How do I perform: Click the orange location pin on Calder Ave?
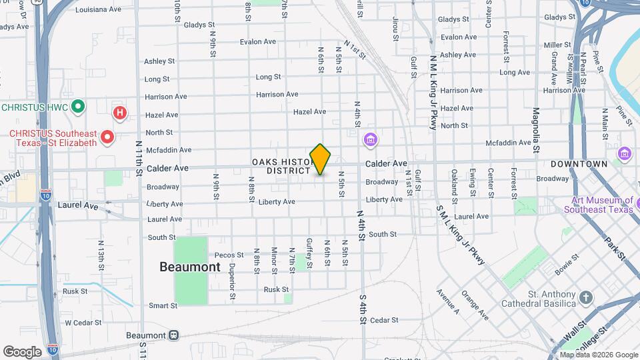point(321,159)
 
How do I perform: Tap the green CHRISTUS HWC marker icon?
point(78,107)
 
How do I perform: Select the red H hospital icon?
point(119,113)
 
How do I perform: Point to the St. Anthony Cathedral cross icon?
point(585,297)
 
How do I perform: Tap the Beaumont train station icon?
point(173,335)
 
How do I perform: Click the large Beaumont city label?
point(189,267)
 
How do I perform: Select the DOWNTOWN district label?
point(579,164)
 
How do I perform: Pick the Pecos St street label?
point(229,255)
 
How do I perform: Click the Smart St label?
point(163,306)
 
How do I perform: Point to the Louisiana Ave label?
point(98,10)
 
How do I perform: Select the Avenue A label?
point(448,301)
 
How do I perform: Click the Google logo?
point(22,352)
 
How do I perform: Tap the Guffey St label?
point(309,253)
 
